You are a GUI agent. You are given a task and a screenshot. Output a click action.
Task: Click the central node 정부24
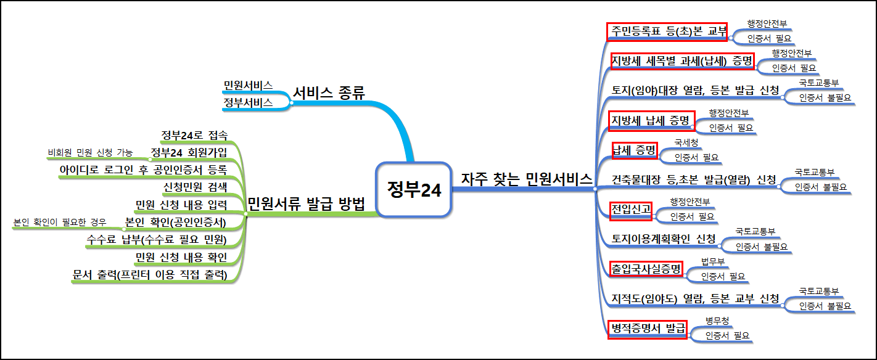[x=414, y=190]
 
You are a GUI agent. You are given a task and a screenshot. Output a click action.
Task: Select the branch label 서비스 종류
[x=329, y=93]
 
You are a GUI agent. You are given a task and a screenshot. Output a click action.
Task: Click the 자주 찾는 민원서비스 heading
[x=526, y=179]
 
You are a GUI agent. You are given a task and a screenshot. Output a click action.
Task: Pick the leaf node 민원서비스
[x=248, y=86]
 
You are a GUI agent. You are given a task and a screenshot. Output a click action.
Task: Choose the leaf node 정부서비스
[x=248, y=102]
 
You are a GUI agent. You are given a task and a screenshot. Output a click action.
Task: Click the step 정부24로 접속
[x=194, y=136]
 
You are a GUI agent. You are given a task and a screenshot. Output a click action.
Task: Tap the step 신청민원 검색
[x=195, y=187]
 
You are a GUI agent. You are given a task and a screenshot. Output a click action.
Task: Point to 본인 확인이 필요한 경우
[x=60, y=222]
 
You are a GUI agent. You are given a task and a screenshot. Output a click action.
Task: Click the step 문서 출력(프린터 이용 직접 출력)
[x=150, y=275]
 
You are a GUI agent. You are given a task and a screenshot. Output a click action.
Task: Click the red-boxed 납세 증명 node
[x=635, y=150]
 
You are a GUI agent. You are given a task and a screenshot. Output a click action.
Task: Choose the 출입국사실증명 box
[x=646, y=269]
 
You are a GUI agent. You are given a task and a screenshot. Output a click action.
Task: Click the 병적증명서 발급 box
[x=647, y=329]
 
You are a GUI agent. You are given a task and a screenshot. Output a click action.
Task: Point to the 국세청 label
[x=686, y=142]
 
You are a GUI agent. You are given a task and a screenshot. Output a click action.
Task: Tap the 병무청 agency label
[x=717, y=321]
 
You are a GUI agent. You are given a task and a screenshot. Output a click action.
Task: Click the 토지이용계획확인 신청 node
[x=664, y=239]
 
